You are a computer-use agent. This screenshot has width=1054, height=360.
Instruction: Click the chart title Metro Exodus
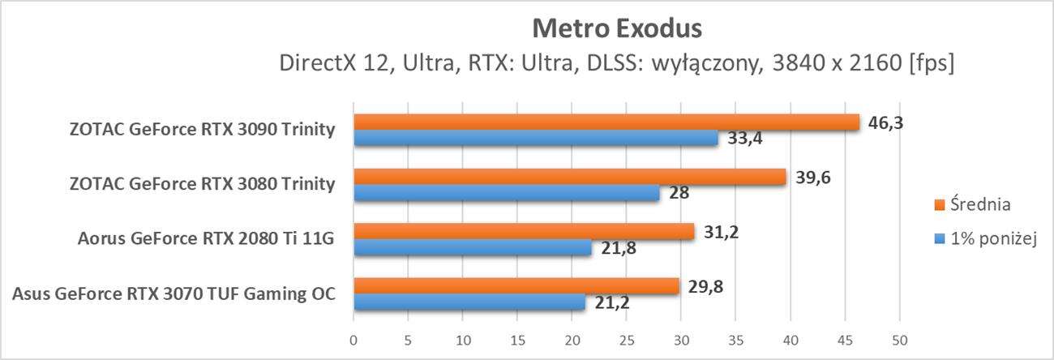(616, 29)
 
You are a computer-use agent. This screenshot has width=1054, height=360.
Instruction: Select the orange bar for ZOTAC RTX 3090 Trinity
(606, 122)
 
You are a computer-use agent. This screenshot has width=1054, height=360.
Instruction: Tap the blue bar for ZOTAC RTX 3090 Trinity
(535, 139)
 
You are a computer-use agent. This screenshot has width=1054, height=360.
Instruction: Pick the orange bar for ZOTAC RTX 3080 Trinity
(569, 177)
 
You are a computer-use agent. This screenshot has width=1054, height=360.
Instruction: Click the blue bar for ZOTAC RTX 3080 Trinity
(506, 193)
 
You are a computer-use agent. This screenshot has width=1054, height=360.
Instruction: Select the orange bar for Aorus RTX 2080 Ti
(524, 232)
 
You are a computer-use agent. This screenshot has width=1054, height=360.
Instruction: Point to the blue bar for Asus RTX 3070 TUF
(469, 302)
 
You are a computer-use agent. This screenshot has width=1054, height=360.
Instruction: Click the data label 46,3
(886, 123)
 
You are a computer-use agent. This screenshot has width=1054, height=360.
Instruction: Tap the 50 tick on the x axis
(899, 339)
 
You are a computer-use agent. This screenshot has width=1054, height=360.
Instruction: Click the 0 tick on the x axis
(353, 339)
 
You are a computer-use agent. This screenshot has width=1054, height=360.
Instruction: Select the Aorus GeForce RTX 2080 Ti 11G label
(206, 238)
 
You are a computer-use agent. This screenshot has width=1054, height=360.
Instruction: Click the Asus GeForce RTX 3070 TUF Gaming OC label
(174, 293)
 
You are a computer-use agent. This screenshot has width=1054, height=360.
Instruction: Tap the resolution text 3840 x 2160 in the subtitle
(831, 63)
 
